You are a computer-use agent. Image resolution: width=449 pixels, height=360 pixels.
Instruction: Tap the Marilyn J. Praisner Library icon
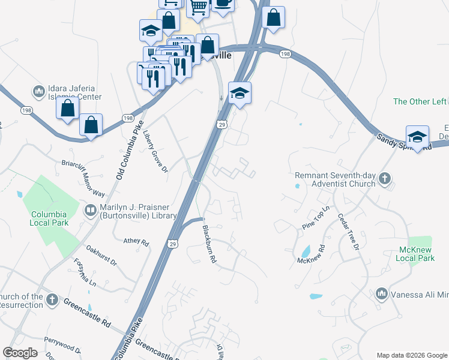[91, 210]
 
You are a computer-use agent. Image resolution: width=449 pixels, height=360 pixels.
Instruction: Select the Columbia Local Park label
[49, 218]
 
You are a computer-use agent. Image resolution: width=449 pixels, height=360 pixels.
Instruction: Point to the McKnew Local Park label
[415, 253]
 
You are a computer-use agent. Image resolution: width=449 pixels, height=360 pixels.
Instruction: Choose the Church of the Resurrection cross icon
[53, 300]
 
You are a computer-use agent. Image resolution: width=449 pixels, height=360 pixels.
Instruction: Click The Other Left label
[420, 101]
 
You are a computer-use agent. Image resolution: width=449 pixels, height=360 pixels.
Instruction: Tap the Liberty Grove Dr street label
[155, 153]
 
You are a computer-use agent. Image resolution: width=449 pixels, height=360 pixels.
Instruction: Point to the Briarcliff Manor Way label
[83, 178]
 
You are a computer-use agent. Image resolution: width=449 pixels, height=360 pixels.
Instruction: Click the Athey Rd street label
[136, 241]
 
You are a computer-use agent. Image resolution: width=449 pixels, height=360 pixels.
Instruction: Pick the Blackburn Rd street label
[208, 244]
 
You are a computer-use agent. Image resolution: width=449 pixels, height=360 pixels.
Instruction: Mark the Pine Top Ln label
[316, 217]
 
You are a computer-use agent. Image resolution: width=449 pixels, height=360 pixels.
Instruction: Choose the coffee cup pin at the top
[223, 3]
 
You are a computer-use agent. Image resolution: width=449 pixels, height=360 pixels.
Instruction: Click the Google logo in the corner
[20, 353]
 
